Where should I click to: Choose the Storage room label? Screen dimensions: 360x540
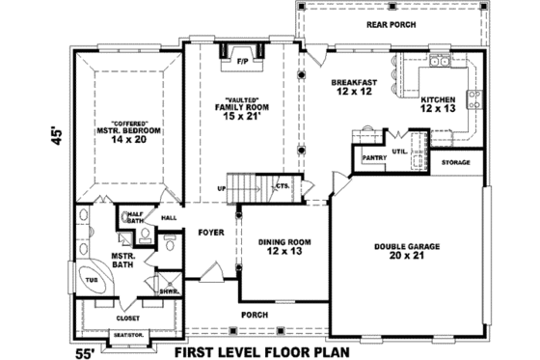pos(456,162)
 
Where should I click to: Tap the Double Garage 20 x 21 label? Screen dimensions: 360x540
pos(406,251)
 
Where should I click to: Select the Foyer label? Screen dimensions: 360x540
pos(211,233)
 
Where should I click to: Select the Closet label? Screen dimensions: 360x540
pos(127,318)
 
